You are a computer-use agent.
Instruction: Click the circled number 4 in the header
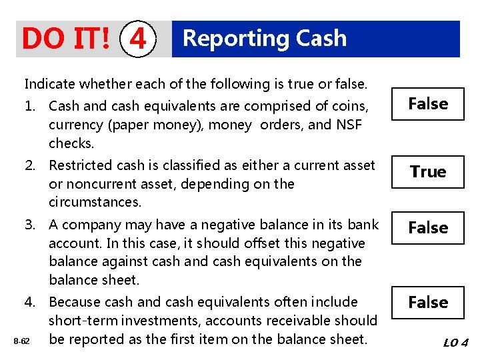(x=138, y=39)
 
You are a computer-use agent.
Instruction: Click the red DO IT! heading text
(x=66, y=39)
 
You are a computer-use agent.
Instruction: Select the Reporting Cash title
(x=265, y=38)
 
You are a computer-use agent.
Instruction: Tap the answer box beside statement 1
(x=427, y=104)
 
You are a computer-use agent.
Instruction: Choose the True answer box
(x=427, y=172)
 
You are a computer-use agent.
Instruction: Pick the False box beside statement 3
(x=427, y=228)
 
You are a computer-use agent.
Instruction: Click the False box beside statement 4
(x=427, y=303)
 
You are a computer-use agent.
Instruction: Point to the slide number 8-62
(x=22, y=341)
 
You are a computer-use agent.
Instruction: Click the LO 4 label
(x=456, y=343)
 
